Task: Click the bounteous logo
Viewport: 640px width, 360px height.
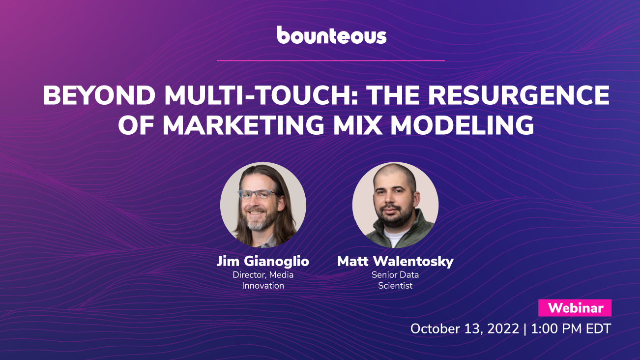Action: coord(331,35)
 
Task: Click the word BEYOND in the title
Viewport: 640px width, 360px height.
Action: coord(99,95)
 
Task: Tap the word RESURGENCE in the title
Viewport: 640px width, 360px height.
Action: coord(519,95)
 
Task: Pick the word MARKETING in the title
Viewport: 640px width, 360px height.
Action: coord(243,125)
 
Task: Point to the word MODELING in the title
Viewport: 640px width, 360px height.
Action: coord(462,125)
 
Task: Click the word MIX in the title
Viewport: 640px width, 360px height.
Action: coord(357,125)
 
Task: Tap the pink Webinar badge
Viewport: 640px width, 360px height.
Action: coord(575,308)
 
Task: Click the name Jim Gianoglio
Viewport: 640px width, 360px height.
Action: coord(263,261)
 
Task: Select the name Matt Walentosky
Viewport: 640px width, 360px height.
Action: coord(395,261)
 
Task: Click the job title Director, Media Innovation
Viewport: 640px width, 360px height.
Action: coord(263,280)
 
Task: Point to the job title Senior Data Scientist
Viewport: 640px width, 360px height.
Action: coord(395,280)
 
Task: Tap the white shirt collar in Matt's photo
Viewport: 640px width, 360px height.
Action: coord(394,238)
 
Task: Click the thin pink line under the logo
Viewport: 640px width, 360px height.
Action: coord(331,60)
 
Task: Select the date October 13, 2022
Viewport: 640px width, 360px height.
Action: coord(465,329)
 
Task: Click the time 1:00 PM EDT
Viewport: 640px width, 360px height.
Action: coord(571,329)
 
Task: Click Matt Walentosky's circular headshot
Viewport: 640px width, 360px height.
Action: coord(395,205)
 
